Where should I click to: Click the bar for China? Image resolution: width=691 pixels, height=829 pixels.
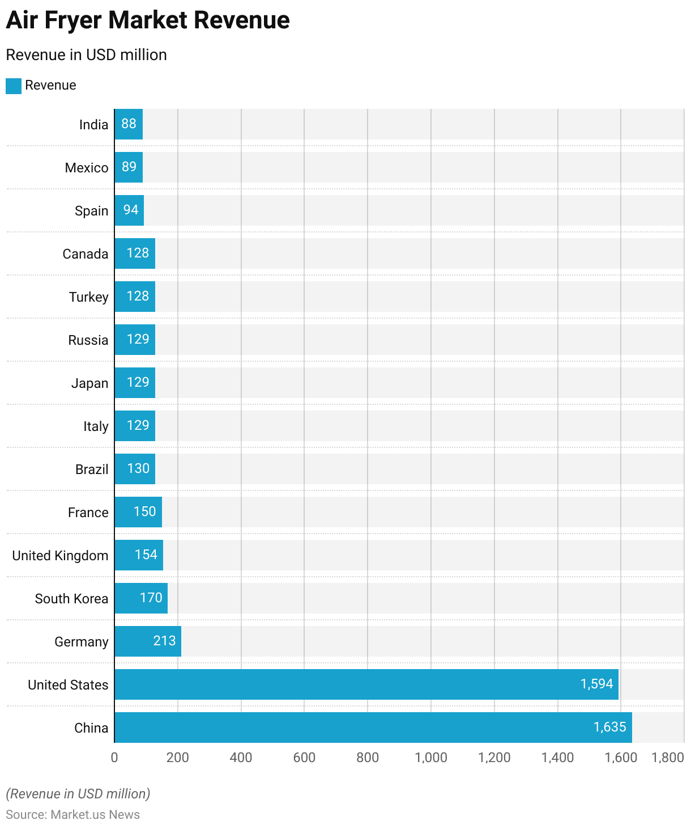(373, 728)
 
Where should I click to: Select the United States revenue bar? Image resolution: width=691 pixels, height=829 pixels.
(366, 684)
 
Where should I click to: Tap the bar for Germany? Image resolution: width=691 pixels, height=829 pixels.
(148, 641)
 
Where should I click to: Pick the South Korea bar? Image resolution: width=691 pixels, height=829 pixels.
(141, 598)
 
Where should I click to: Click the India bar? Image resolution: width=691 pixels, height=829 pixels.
(129, 124)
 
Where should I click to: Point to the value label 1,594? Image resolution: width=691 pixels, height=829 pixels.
(596, 684)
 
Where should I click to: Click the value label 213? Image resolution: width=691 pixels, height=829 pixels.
(164, 641)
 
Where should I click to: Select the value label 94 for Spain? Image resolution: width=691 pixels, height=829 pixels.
(131, 210)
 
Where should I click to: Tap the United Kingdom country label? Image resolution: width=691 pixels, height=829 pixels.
(60, 556)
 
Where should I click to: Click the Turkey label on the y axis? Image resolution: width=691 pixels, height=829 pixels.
(88, 297)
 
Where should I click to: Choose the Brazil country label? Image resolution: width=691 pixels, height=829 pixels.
(92, 470)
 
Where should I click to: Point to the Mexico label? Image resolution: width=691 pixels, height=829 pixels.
(87, 168)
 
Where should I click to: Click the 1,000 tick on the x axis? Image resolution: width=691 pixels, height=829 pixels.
(431, 758)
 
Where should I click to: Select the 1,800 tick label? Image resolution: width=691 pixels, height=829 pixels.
(668, 758)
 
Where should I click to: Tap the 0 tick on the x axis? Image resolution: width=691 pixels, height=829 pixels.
(114, 758)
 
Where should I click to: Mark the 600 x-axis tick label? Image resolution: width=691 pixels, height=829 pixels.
(304, 758)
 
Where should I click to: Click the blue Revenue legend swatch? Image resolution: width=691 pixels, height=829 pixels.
(14, 86)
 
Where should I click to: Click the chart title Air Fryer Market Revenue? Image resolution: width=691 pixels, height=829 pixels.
(148, 20)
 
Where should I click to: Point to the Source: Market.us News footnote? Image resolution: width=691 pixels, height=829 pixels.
(72, 815)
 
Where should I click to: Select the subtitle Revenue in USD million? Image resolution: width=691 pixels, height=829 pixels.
(86, 55)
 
